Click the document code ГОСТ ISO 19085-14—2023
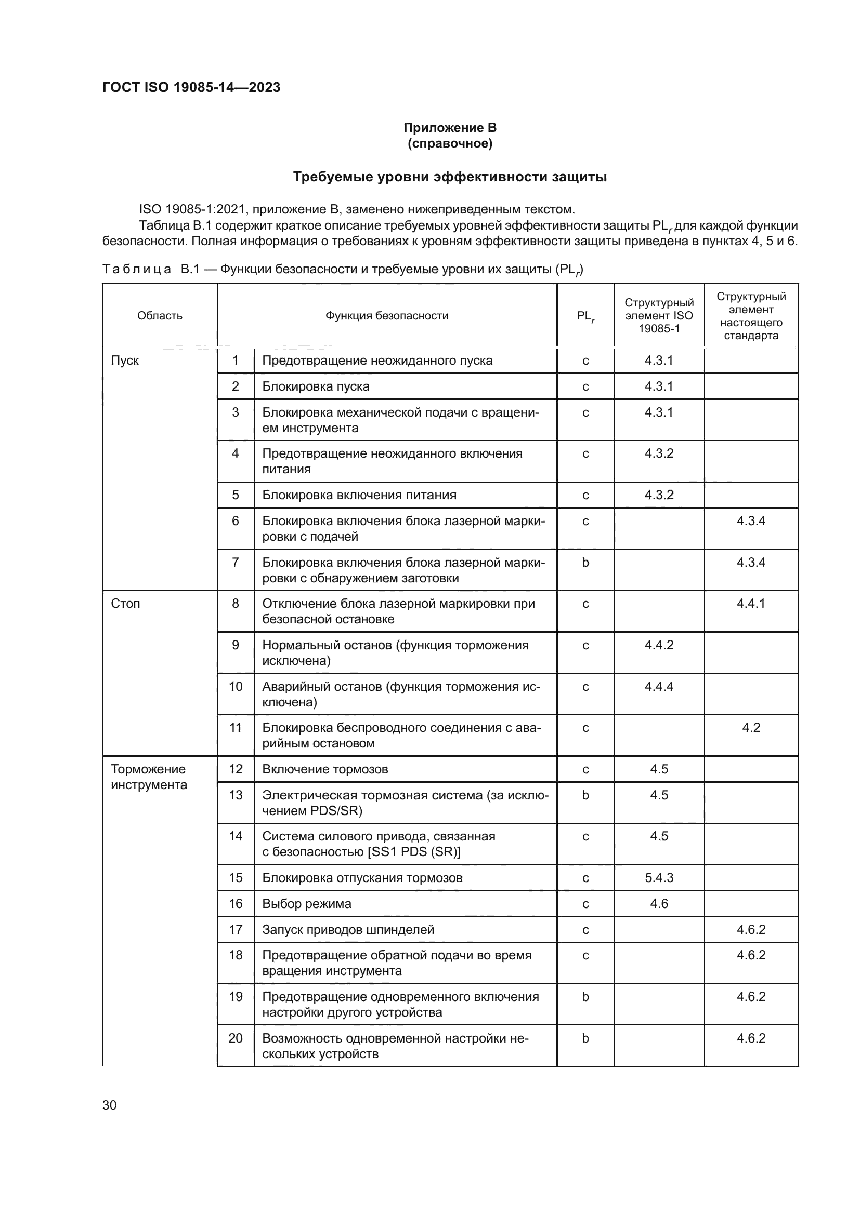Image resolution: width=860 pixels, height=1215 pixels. click(191, 87)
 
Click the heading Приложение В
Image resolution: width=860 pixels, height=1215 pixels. click(450, 128)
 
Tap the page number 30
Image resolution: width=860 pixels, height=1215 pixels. click(110, 1105)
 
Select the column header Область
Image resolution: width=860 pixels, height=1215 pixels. click(160, 316)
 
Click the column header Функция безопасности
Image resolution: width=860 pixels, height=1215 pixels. click(386, 316)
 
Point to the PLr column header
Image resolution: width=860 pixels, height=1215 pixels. click(585, 316)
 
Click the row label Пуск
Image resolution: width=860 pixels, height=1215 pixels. click(125, 361)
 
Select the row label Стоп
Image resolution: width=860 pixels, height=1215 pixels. click(125, 604)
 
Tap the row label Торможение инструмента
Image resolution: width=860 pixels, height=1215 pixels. click(149, 777)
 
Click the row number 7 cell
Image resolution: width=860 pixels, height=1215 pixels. click(235, 562)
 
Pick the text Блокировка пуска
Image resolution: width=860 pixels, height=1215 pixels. click(316, 387)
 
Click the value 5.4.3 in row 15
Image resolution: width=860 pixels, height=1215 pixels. click(659, 878)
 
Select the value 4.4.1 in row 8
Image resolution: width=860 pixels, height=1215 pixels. click(750, 604)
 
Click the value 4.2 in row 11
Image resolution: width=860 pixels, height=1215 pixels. click(750, 728)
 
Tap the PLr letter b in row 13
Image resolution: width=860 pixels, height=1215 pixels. click(585, 795)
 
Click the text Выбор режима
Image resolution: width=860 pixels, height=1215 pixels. click(307, 904)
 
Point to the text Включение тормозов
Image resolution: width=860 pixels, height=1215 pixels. click(324, 769)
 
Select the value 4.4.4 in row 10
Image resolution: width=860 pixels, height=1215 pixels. click(659, 686)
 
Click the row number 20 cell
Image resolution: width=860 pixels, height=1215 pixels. click(235, 1038)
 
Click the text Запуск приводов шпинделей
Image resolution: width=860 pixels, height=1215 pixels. click(348, 930)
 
